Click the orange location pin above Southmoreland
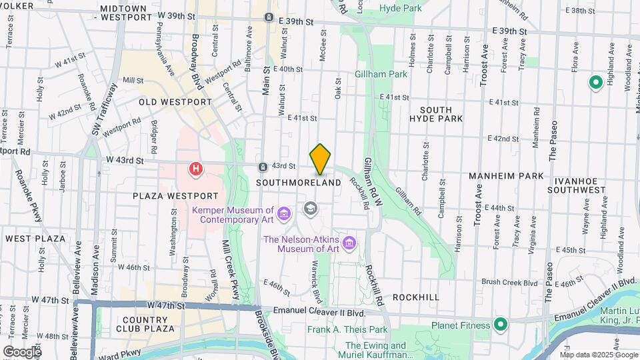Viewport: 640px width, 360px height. click(x=320, y=159)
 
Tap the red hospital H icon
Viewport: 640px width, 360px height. click(x=195, y=169)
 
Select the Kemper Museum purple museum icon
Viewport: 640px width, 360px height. click(x=284, y=213)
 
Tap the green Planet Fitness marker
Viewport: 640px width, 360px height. click(x=500, y=325)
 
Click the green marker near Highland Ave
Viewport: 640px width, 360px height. click(x=595, y=83)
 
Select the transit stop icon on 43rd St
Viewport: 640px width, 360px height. click(x=264, y=166)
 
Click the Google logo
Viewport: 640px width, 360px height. click(x=21, y=351)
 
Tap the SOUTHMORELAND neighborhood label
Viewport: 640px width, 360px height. click(x=299, y=183)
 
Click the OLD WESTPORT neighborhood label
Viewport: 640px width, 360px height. click(x=175, y=102)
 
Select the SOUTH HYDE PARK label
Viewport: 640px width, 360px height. click(x=441, y=114)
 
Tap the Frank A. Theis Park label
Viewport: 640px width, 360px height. click(x=347, y=329)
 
